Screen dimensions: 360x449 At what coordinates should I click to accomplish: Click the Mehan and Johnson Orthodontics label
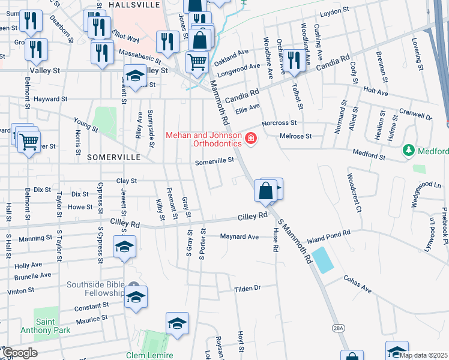(203, 139)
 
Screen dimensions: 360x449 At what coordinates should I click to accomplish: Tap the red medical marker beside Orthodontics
(250, 140)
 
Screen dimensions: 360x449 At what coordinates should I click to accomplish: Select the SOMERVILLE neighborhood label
(113, 157)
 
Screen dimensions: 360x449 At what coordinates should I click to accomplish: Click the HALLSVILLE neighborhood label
(135, 4)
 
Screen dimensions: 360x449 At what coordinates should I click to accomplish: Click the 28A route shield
(339, 328)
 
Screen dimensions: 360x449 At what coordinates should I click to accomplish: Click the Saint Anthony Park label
(53, 325)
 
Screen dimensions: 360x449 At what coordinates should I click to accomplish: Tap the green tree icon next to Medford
(409, 149)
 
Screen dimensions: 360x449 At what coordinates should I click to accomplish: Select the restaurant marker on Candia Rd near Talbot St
(294, 61)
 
